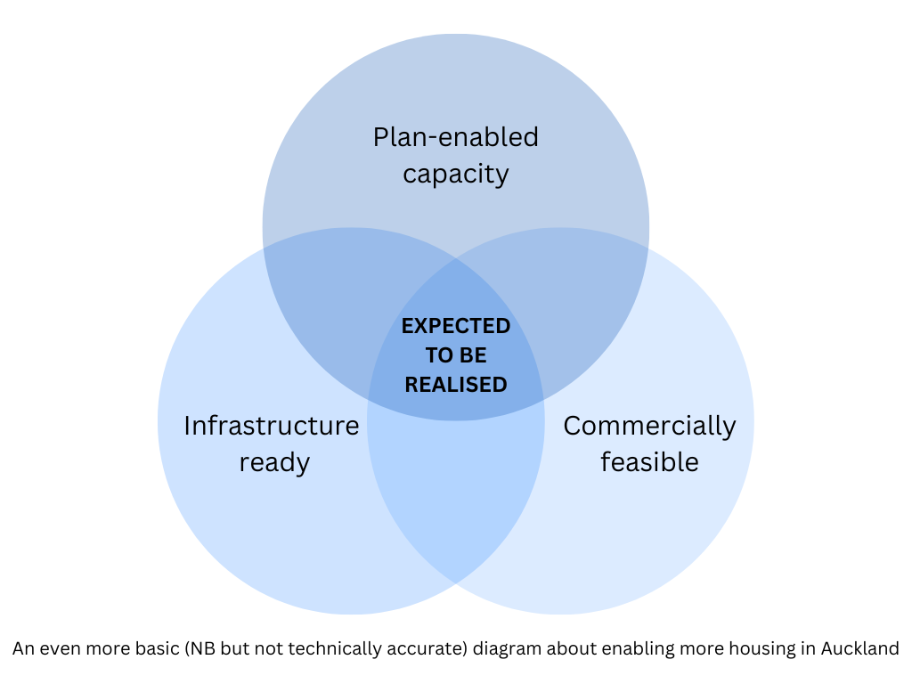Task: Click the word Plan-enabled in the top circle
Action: point(455,137)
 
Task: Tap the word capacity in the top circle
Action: point(455,173)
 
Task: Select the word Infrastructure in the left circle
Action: point(272,426)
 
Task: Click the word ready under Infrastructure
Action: point(274,462)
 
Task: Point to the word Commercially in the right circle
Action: point(649,426)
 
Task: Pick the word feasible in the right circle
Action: point(649,462)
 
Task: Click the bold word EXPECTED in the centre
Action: point(456,326)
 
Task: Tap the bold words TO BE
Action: point(456,355)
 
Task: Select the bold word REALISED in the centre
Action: point(456,385)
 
